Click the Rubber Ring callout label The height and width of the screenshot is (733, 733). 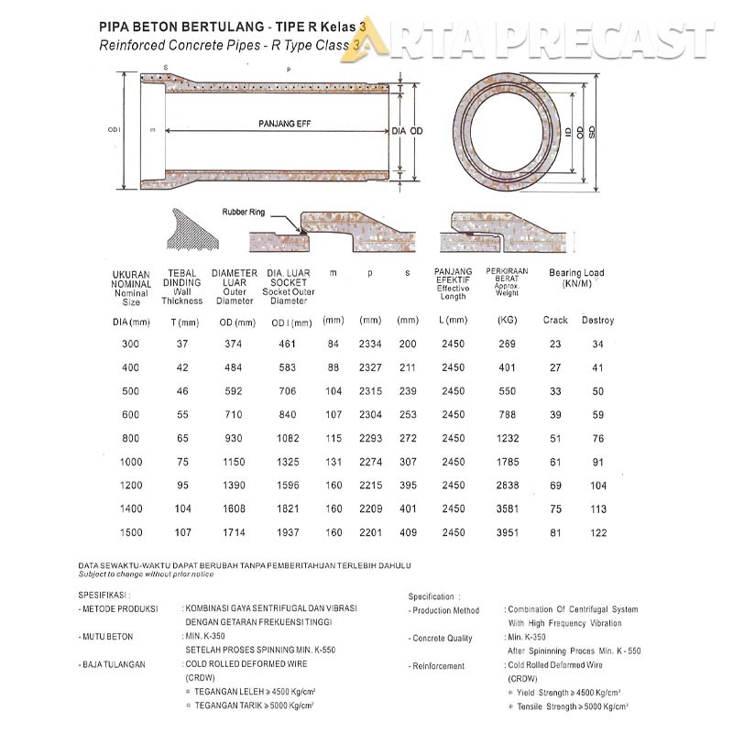point(243,212)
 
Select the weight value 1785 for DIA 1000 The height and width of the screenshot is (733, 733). point(508,462)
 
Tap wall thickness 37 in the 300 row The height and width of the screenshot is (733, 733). point(181,344)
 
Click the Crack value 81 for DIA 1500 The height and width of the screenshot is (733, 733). point(555,532)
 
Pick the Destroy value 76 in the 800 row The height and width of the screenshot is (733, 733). point(597,438)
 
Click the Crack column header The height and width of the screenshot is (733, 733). point(555,321)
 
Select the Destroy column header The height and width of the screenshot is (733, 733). point(597,321)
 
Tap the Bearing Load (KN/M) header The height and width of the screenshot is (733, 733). point(576,279)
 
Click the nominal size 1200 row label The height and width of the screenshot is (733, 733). point(132,486)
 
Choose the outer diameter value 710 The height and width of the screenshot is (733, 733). point(235,415)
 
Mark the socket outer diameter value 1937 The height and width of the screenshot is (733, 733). point(289,532)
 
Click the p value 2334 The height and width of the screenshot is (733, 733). point(370,344)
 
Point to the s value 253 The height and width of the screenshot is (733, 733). point(408,415)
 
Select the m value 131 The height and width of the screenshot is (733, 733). point(334,462)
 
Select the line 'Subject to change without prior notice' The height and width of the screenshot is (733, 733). point(147,574)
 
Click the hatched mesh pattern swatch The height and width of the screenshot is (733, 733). point(195,229)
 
